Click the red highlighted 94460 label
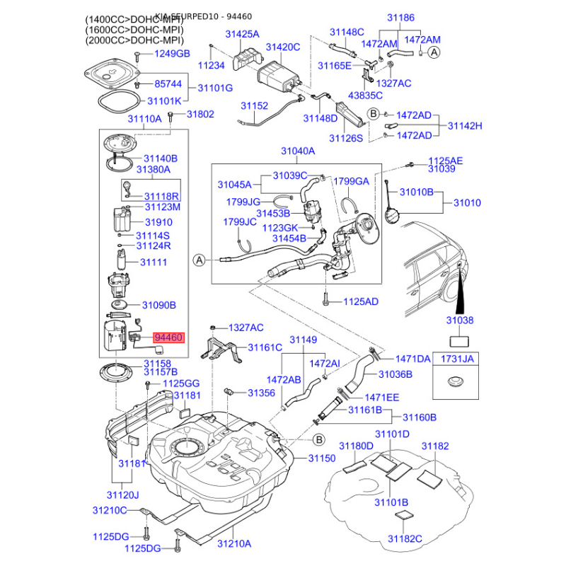[x=168, y=338]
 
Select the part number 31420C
[x=283, y=47]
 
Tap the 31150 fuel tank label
[x=321, y=458]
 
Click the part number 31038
[x=458, y=320]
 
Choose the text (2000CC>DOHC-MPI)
[x=134, y=40]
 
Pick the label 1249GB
[x=173, y=54]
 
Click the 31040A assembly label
[x=298, y=151]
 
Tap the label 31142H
[x=464, y=125]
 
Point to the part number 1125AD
[x=361, y=301]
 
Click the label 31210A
[x=234, y=544]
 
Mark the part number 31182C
[x=405, y=539]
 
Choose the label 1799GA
[x=352, y=181]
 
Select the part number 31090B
[x=159, y=305]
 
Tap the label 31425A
[x=243, y=34]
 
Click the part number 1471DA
[x=413, y=359]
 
